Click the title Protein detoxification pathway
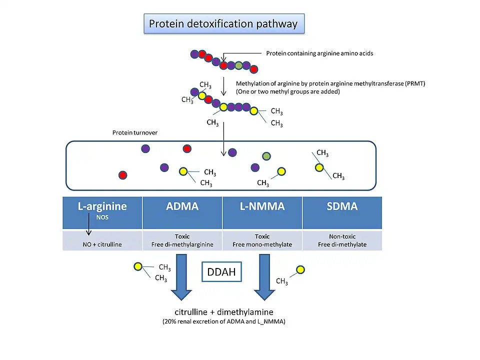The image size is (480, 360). (223, 23)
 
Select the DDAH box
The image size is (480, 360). (221, 272)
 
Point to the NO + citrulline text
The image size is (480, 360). (102, 244)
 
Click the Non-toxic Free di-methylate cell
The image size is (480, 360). (342, 240)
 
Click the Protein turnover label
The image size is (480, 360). (135, 133)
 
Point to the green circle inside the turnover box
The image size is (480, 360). (267, 156)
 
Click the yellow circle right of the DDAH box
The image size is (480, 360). (300, 270)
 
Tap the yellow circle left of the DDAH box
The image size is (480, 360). (138, 266)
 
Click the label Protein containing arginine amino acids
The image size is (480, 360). (319, 53)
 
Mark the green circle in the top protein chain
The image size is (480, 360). (239, 65)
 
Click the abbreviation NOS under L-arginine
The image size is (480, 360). (102, 217)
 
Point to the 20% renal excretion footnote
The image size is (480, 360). (223, 322)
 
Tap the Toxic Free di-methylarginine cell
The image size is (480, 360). (182, 240)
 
